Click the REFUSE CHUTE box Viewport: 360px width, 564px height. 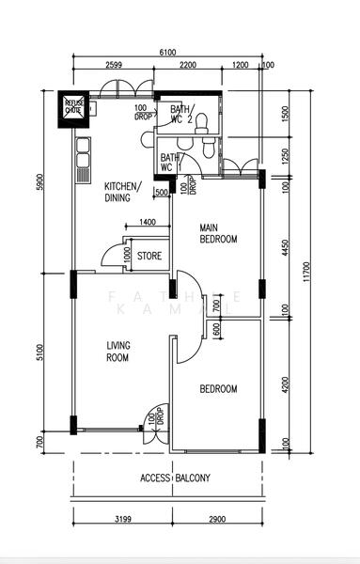click(73, 106)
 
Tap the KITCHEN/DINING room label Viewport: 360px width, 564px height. click(122, 192)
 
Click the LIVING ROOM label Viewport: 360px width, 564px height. click(117, 351)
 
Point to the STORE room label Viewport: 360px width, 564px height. click(149, 255)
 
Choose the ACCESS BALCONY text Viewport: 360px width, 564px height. click(175, 478)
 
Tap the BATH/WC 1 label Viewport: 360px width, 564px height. click(170, 163)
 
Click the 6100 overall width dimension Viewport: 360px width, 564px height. click(167, 53)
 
